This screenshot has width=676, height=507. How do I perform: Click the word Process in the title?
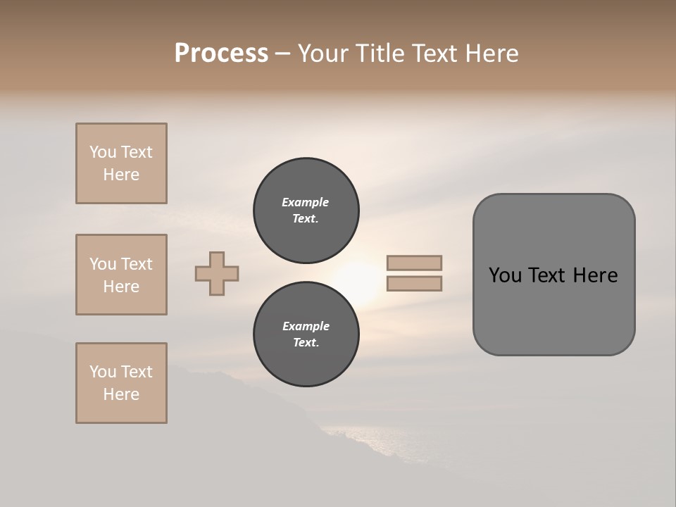(221, 54)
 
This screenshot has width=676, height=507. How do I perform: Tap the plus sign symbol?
(217, 273)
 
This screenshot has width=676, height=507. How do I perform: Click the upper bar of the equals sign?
(415, 263)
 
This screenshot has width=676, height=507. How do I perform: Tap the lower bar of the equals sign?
(415, 283)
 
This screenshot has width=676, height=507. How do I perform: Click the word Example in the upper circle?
(305, 202)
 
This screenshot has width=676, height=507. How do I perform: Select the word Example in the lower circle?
(306, 326)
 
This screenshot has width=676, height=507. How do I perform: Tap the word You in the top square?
(103, 152)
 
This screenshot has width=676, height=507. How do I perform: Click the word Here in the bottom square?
(121, 394)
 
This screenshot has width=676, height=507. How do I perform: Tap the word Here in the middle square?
(121, 287)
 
